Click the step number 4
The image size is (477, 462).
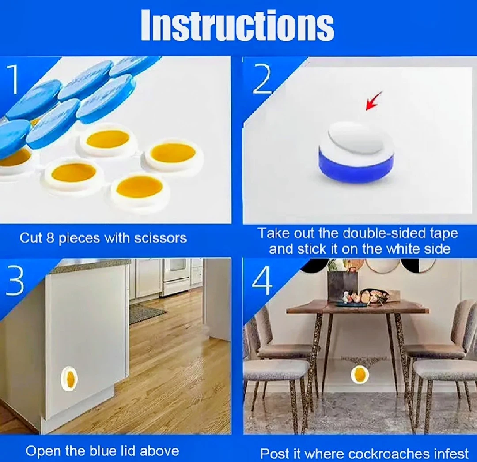coord(262,280)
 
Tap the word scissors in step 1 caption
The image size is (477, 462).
coord(160,238)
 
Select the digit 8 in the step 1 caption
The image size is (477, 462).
coord(50,238)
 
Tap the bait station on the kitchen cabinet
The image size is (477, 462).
coord(69,378)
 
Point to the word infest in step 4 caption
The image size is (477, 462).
coord(453,454)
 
